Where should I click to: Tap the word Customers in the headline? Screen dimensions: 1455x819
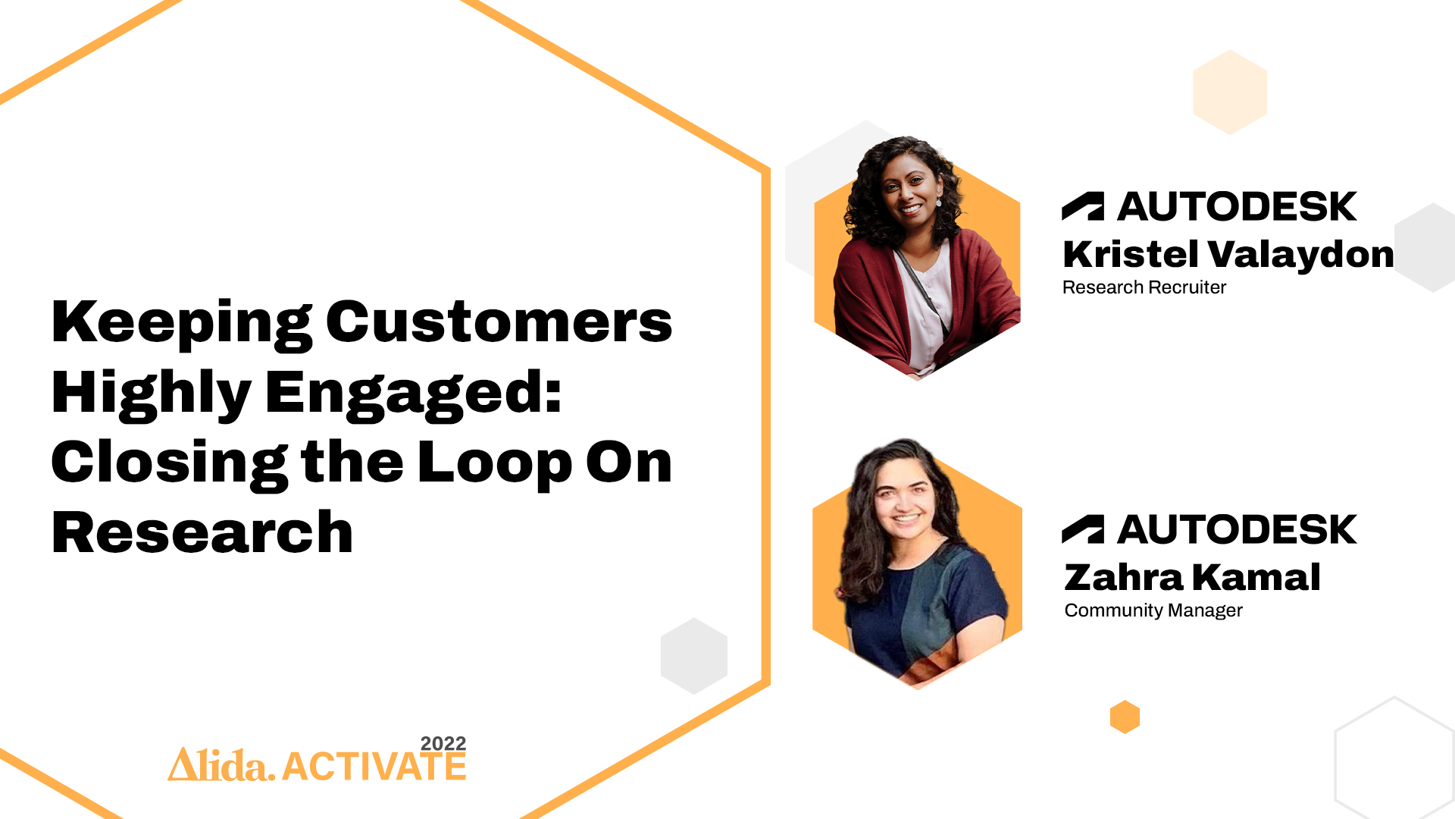(x=499, y=321)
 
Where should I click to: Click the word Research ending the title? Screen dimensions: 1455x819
(x=202, y=532)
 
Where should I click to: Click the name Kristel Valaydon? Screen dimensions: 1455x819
(x=1228, y=255)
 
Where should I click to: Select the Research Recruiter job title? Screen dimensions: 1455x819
(x=1144, y=287)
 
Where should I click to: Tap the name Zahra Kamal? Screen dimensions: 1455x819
(x=1193, y=577)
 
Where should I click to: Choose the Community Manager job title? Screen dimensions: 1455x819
(x=1153, y=610)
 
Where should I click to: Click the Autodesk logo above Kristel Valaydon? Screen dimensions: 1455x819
(x=1209, y=206)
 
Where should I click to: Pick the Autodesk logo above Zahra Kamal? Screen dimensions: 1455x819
(x=1209, y=529)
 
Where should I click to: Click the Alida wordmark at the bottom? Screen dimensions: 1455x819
(x=221, y=764)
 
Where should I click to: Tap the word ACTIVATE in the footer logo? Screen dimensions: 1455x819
(x=374, y=767)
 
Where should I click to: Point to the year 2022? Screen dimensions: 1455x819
(x=443, y=743)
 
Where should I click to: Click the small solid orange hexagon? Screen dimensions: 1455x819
(x=1125, y=717)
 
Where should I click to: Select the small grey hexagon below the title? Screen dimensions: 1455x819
(x=694, y=656)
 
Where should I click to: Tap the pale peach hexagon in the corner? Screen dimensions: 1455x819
(x=1230, y=93)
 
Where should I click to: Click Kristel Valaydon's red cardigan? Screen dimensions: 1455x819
(x=871, y=303)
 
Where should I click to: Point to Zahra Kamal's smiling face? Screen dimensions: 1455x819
(x=906, y=500)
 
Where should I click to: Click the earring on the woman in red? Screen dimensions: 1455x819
(x=938, y=202)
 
